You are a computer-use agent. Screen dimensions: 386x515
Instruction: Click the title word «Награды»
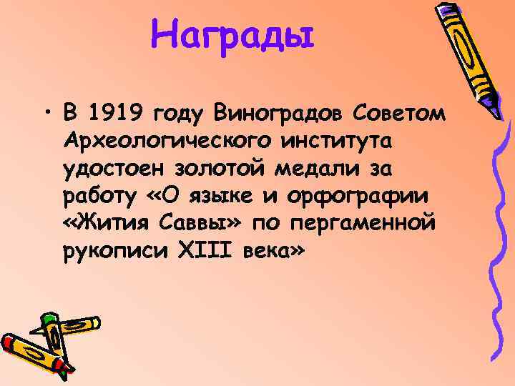click(232, 34)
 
